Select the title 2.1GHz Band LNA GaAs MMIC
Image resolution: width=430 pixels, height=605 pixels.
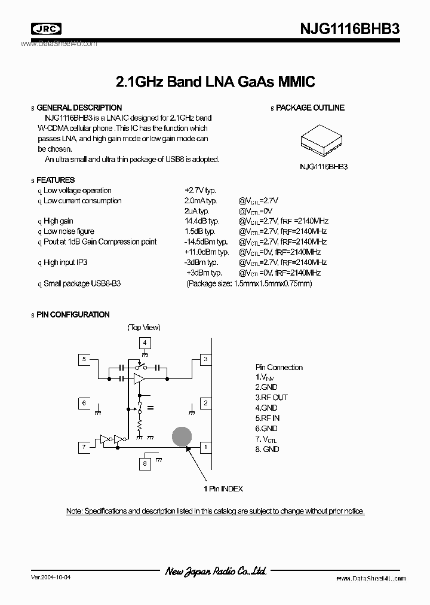tap(215, 81)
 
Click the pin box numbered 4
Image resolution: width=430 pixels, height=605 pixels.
tap(146, 343)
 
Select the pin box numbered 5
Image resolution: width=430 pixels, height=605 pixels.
tap(85, 359)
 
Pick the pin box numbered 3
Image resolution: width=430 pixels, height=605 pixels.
tap(205, 359)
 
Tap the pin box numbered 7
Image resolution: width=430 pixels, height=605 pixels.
tap(85, 447)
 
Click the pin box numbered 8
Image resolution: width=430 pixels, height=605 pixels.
tap(146, 463)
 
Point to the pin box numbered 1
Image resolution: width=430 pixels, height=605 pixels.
tap(205, 447)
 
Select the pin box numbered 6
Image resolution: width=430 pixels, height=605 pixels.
tap(85, 404)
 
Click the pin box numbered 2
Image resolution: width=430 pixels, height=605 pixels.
tap(205, 404)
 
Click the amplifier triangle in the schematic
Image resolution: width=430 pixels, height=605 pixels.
tap(139, 379)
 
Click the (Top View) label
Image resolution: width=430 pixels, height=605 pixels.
tap(144, 327)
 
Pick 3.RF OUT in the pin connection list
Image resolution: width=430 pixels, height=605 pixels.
tap(272, 398)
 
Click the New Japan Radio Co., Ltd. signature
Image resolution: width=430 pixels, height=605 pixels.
tap(216, 572)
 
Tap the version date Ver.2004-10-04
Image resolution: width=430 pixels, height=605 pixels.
tap(53, 578)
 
